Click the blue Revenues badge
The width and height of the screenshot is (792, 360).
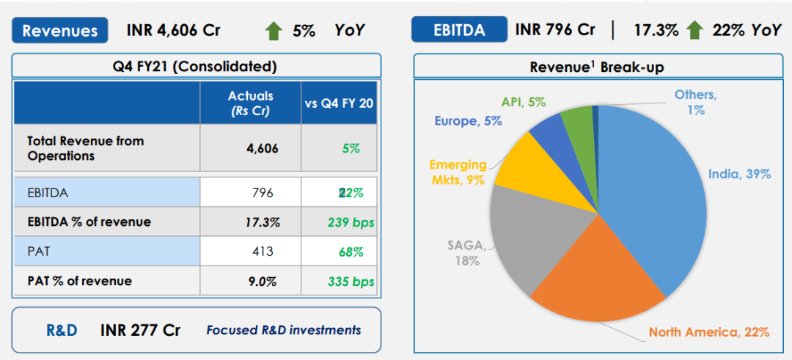click(x=60, y=30)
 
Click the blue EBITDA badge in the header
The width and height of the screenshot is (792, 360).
click(x=459, y=30)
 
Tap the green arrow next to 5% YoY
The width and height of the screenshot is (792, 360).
click(x=274, y=31)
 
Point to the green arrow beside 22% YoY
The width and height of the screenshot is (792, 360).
click(x=695, y=30)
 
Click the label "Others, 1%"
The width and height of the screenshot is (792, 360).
click(x=695, y=103)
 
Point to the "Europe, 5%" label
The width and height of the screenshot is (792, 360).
click(x=468, y=121)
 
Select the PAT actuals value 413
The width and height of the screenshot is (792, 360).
click(x=262, y=251)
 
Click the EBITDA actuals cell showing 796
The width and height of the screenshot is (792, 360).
click(x=262, y=193)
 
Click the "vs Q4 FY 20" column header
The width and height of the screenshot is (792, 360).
click(x=339, y=103)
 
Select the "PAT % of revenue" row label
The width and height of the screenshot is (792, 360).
click(x=79, y=281)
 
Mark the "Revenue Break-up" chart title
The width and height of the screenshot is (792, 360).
click(x=597, y=67)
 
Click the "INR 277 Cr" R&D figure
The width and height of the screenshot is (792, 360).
click(x=140, y=330)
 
